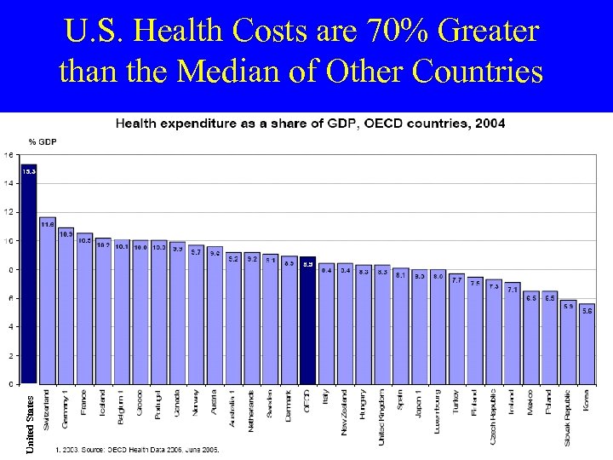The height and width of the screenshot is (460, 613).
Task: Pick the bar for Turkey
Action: coord(456,329)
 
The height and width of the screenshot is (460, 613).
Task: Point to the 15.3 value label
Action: coord(28,171)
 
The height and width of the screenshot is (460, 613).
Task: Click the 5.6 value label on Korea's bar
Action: coord(587,311)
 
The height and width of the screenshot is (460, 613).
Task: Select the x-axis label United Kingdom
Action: coord(382,417)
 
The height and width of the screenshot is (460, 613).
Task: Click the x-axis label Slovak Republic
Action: coord(568,417)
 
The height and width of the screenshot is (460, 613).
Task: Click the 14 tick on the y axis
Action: coord(8,183)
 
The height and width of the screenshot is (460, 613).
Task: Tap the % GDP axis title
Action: coord(43,141)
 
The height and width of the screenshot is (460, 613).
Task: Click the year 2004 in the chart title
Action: coord(490,124)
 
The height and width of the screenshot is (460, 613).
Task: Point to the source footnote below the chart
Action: coord(137,449)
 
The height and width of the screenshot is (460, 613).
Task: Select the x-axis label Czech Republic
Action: coord(494,417)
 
